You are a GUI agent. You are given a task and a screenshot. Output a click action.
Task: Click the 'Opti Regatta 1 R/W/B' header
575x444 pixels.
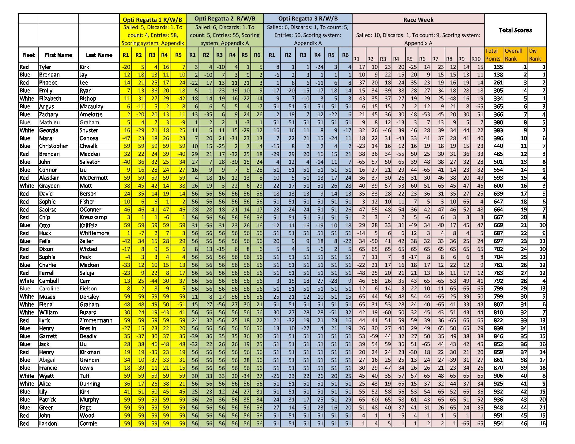click(152, 20)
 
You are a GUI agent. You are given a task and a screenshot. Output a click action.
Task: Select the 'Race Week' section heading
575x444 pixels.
click(418, 20)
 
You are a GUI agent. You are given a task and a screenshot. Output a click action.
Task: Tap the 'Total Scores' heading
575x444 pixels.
click(515, 30)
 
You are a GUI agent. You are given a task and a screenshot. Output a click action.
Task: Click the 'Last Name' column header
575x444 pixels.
click(99, 55)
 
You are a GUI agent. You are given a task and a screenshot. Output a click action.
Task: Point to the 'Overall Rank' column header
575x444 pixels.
click(513, 55)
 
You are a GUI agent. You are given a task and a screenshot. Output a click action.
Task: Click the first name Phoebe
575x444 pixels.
click(48, 83)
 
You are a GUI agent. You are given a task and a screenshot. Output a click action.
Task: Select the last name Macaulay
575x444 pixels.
click(91, 106)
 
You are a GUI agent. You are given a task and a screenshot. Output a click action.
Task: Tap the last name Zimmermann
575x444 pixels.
click(96, 320)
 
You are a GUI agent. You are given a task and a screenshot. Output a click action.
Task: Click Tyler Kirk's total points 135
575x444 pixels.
click(498, 67)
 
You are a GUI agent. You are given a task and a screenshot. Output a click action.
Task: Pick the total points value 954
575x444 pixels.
click(498, 423)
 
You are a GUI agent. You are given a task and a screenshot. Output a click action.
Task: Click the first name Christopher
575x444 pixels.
click(53, 146)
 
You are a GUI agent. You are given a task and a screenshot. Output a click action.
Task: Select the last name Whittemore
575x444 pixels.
click(94, 233)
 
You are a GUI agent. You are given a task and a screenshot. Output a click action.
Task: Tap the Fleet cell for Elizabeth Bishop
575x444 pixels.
click(27, 99)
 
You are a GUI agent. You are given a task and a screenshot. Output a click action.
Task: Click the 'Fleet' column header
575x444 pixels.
click(28, 55)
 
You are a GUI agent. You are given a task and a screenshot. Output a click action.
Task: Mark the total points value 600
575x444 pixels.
click(498, 186)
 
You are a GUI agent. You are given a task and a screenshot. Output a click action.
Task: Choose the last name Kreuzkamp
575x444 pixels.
click(93, 217)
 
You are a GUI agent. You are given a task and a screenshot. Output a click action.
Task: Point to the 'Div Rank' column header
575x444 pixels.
click(535, 55)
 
